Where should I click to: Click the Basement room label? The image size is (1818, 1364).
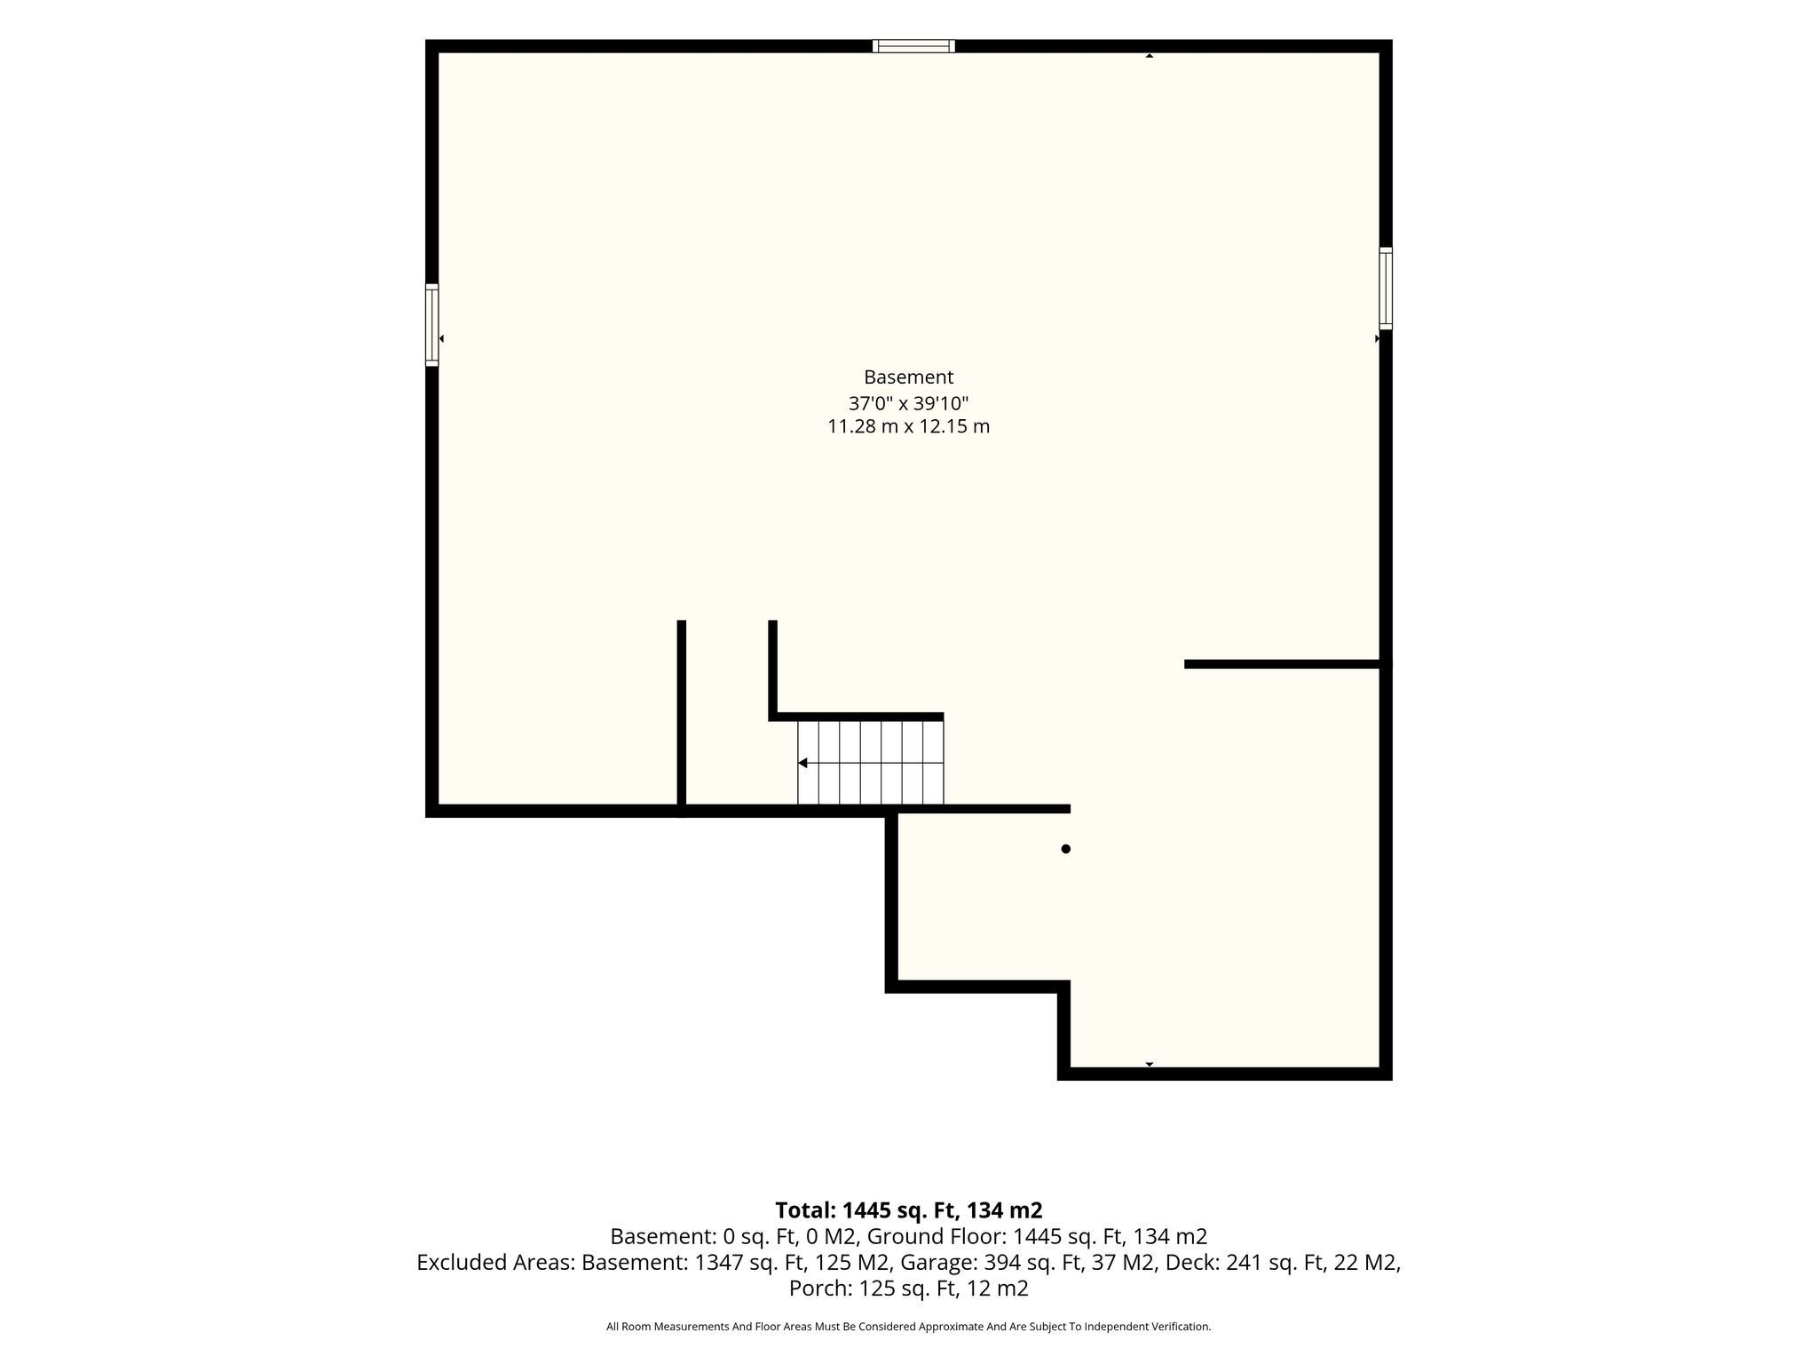point(908,377)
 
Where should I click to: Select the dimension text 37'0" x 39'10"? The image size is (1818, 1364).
point(908,403)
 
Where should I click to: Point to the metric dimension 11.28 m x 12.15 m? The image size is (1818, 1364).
point(908,426)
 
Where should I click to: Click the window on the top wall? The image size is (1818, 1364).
point(913,46)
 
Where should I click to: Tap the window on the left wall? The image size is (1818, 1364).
point(432,325)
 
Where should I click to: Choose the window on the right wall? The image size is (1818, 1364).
point(1386,289)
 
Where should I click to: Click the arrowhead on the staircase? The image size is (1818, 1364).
point(802,763)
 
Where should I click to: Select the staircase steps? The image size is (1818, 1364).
point(871,763)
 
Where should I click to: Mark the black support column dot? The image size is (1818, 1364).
point(1066,849)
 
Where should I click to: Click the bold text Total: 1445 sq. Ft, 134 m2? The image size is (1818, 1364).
point(908,1210)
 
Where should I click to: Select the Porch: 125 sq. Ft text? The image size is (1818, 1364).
point(871,1289)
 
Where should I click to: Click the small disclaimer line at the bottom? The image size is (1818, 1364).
point(908,1327)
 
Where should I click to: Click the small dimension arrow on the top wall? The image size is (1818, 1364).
point(1150,56)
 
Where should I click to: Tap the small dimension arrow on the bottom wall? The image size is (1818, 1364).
point(1150,1064)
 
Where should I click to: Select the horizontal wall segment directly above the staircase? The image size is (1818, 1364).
point(856,717)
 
